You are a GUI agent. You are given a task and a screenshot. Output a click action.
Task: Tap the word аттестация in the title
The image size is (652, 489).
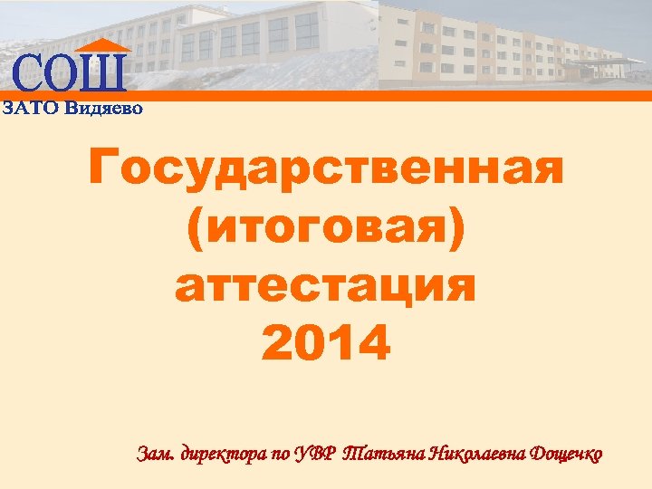(326, 286)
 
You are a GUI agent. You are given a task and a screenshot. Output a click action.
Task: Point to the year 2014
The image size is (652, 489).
(326, 343)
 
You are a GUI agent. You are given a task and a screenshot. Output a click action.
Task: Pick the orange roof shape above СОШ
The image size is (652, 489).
(101, 45)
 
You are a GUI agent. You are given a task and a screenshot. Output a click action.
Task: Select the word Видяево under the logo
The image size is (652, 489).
(105, 108)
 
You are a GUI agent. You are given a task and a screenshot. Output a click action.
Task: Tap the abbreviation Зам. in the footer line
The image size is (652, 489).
(156, 452)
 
